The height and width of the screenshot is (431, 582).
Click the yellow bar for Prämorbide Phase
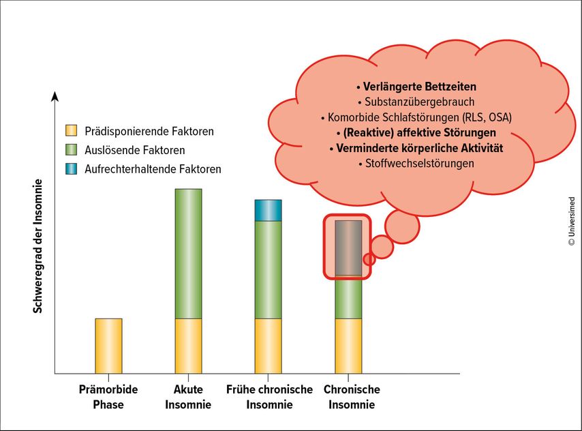[108, 346]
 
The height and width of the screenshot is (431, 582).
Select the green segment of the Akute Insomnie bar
[189, 254]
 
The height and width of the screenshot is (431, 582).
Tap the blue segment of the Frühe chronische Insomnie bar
[268, 210]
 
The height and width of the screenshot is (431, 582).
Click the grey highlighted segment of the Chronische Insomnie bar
[348, 248]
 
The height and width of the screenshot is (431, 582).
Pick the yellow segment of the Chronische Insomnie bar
[348, 346]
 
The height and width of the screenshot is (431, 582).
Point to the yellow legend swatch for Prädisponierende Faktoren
[72, 131]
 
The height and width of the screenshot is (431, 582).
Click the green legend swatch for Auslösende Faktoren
[72, 150]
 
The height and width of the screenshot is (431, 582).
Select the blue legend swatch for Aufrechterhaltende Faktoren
[72, 168]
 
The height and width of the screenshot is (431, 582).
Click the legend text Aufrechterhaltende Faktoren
[153, 169]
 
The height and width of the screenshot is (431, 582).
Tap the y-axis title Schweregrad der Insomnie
[38, 246]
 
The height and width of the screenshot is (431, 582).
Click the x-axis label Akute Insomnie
[188, 397]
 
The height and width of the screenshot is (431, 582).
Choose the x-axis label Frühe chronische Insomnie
[269, 397]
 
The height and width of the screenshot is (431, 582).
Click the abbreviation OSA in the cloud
[500, 117]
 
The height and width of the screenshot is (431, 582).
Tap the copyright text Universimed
[572, 221]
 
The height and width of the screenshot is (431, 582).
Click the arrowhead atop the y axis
[55, 96]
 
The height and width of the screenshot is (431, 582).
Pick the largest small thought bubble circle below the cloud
[402, 226]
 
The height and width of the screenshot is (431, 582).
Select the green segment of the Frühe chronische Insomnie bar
[268, 270]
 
